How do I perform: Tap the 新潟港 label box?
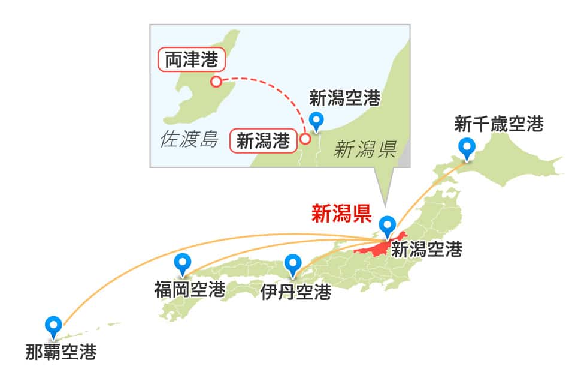(x=263, y=141)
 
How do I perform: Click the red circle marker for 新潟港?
(x=304, y=139)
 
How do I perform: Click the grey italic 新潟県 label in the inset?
(x=365, y=149)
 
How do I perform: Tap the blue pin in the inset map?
(x=315, y=121)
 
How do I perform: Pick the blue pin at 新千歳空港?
(x=466, y=147)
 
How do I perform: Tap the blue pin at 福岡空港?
(x=182, y=264)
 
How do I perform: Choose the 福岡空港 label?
(x=189, y=290)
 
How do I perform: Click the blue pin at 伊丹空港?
(x=293, y=265)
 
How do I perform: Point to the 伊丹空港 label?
(x=296, y=292)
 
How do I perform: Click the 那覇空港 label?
(x=61, y=352)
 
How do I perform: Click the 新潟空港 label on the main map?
(x=426, y=250)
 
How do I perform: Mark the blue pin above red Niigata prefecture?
(x=388, y=226)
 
